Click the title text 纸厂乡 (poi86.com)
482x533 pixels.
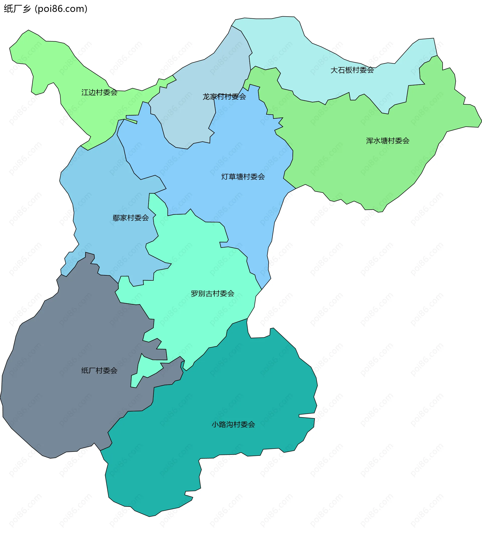45,9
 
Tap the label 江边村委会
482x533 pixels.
99,92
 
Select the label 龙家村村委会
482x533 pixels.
224,97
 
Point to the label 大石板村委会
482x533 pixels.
352,70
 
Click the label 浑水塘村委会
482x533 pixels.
387,141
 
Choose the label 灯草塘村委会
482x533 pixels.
243,177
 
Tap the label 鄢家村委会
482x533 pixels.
131,218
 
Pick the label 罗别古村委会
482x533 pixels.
212,294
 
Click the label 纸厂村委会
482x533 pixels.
99,370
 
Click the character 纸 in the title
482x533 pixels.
8,9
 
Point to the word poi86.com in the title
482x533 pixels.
61,9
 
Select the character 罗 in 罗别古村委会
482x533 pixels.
194,294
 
